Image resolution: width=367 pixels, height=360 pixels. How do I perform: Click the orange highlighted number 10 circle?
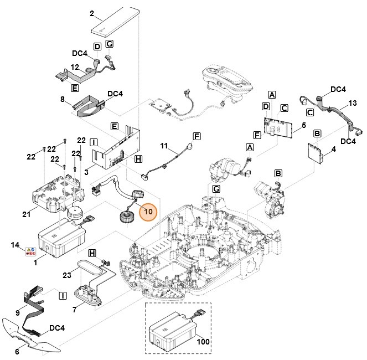[x=148, y=211]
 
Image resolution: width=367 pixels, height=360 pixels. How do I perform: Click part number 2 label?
[x=92, y=13]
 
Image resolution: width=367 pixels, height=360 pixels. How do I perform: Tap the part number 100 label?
[x=203, y=342]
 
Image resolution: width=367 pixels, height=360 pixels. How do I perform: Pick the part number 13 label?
[x=353, y=104]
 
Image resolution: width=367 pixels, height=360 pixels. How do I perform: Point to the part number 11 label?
[x=164, y=146]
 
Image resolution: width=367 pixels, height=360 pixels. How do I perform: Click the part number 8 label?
[x=63, y=100]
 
